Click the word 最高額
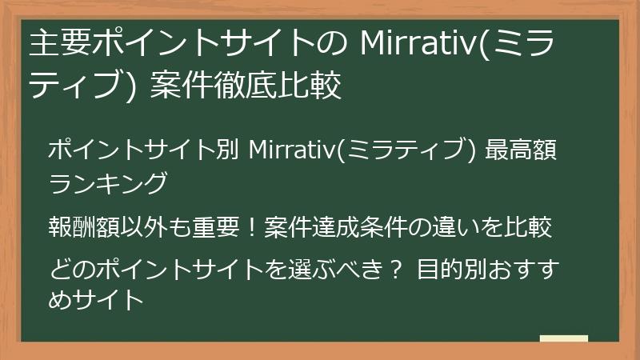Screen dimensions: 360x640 [x=525, y=150]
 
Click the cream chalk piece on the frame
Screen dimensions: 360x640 [x=563, y=338]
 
